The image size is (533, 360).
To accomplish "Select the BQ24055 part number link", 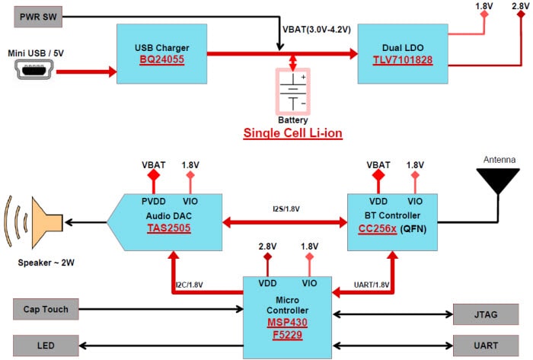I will click(161, 60).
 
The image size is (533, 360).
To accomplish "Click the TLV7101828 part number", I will click(403, 60).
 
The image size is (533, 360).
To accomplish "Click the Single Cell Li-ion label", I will click(292, 133).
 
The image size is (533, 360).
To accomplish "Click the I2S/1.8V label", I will click(285, 209).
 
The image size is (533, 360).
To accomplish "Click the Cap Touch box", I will click(45, 310).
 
